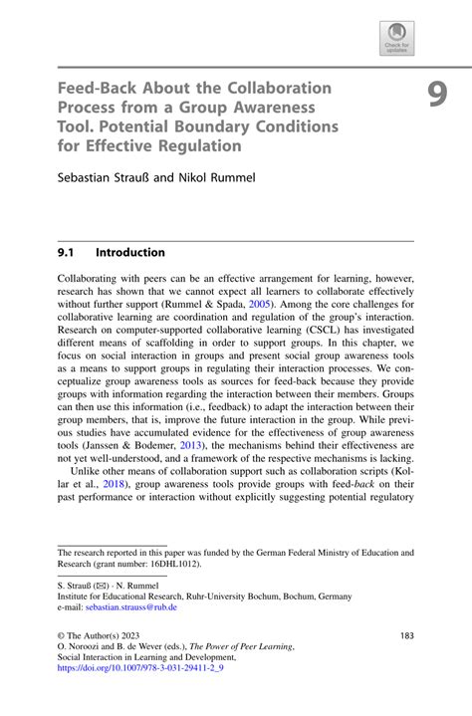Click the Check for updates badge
point(396,40)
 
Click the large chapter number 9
point(437,95)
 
